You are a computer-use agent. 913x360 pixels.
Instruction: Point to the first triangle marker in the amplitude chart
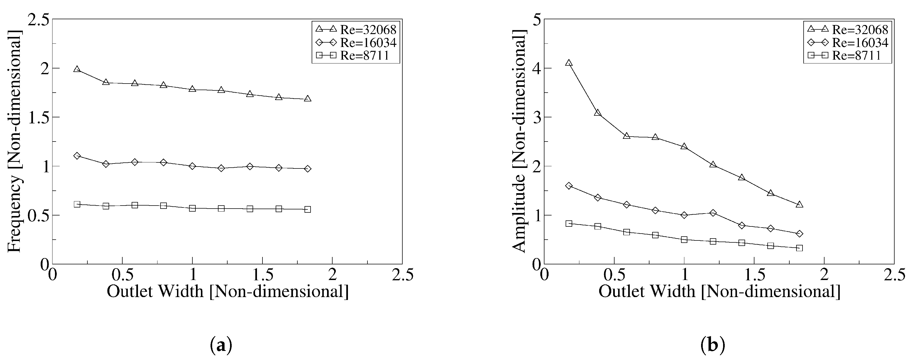click(569, 63)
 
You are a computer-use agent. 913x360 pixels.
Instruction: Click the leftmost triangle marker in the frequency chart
click(77, 69)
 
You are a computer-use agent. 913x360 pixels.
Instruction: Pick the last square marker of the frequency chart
click(308, 209)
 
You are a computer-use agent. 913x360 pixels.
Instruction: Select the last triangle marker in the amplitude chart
click(799, 204)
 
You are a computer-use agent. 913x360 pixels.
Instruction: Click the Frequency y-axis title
click(15, 142)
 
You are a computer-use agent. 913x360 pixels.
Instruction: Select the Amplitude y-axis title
click(519, 142)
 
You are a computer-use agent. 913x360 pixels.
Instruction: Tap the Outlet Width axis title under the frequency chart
click(228, 292)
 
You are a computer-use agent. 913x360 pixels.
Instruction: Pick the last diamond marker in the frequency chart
click(308, 169)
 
